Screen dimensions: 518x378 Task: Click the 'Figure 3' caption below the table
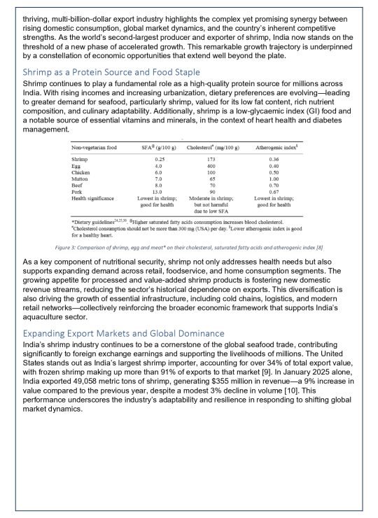tap(189, 248)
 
